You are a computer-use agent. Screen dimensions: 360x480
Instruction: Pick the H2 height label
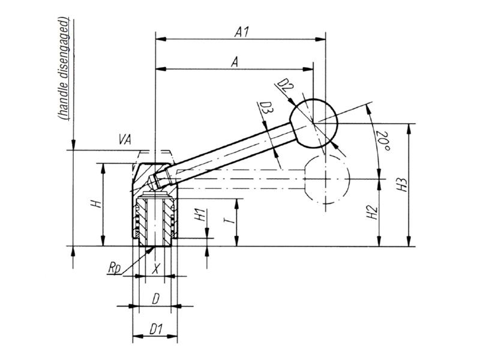point(373,211)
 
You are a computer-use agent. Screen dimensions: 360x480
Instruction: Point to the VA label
point(125,140)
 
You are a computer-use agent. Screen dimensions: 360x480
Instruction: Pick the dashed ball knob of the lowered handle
point(326,178)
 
